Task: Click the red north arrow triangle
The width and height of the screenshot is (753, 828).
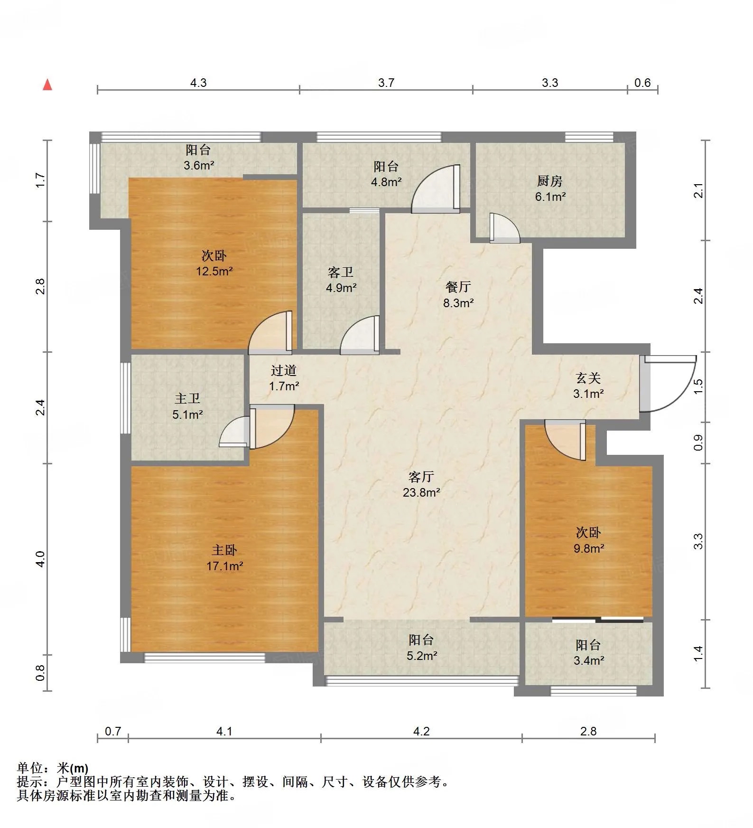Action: click(x=47, y=85)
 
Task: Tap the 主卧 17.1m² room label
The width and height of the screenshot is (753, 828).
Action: click(x=224, y=558)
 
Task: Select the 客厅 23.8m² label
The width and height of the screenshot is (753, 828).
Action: click(x=421, y=484)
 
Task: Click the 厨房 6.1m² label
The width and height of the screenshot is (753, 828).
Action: click(x=550, y=188)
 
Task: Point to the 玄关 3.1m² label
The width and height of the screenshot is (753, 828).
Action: click(x=588, y=386)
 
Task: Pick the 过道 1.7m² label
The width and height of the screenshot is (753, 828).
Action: click(x=284, y=378)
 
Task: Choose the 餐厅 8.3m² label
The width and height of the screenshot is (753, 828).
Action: click(x=458, y=294)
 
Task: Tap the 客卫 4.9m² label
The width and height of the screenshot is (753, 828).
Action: click(x=341, y=280)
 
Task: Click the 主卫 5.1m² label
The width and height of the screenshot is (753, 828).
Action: click(x=187, y=406)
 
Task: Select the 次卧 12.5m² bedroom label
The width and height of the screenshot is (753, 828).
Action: click(x=214, y=263)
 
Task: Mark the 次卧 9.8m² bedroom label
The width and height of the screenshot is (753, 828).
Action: click(x=589, y=540)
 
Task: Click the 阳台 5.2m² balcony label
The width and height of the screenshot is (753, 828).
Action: click(x=421, y=648)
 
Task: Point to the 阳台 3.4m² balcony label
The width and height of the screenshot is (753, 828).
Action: click(x=588, y=652)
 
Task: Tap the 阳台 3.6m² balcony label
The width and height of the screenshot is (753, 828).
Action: click(x=199, y=158)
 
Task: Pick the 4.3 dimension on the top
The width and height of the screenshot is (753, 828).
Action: click(x=198, y=83)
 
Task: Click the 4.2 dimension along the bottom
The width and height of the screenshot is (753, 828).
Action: click(x=421, y=731)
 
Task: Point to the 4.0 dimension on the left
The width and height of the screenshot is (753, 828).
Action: click(x=40, y=559)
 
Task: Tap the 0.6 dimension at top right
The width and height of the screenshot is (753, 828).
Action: click(x=642, y=83)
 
